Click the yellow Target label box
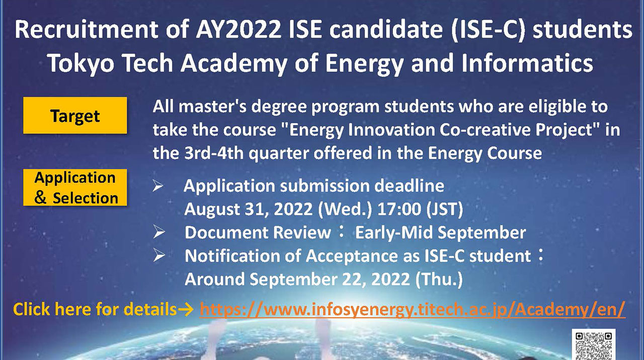point(75,115)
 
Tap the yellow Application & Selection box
point(75,187)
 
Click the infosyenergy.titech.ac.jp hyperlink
point(412,309)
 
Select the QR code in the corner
point(594,345)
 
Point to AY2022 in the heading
point(236,30)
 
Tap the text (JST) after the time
point(444,209)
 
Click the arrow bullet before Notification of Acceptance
point(159,256)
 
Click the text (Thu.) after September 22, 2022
point(439,279)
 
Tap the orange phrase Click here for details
point(95,309)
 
